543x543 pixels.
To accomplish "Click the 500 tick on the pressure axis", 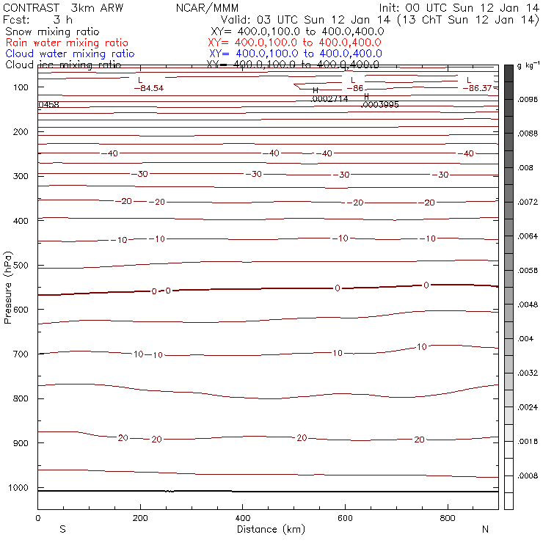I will (x=37, y=265).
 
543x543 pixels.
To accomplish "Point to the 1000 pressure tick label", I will (x=21, y=488).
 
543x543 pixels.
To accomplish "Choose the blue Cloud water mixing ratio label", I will (x=70, y=54).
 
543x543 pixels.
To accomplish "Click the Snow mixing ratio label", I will (x=52, y=32).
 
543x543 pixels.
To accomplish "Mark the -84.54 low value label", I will (x=148, y=88).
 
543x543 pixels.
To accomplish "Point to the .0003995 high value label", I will (x=380, y=105).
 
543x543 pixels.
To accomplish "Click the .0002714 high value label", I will (x=329, y=98).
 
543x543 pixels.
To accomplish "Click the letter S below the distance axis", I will (x=62, y=529).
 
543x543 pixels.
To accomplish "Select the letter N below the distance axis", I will (x=484, y=529).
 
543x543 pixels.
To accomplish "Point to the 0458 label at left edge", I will (x=48, y=105).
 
